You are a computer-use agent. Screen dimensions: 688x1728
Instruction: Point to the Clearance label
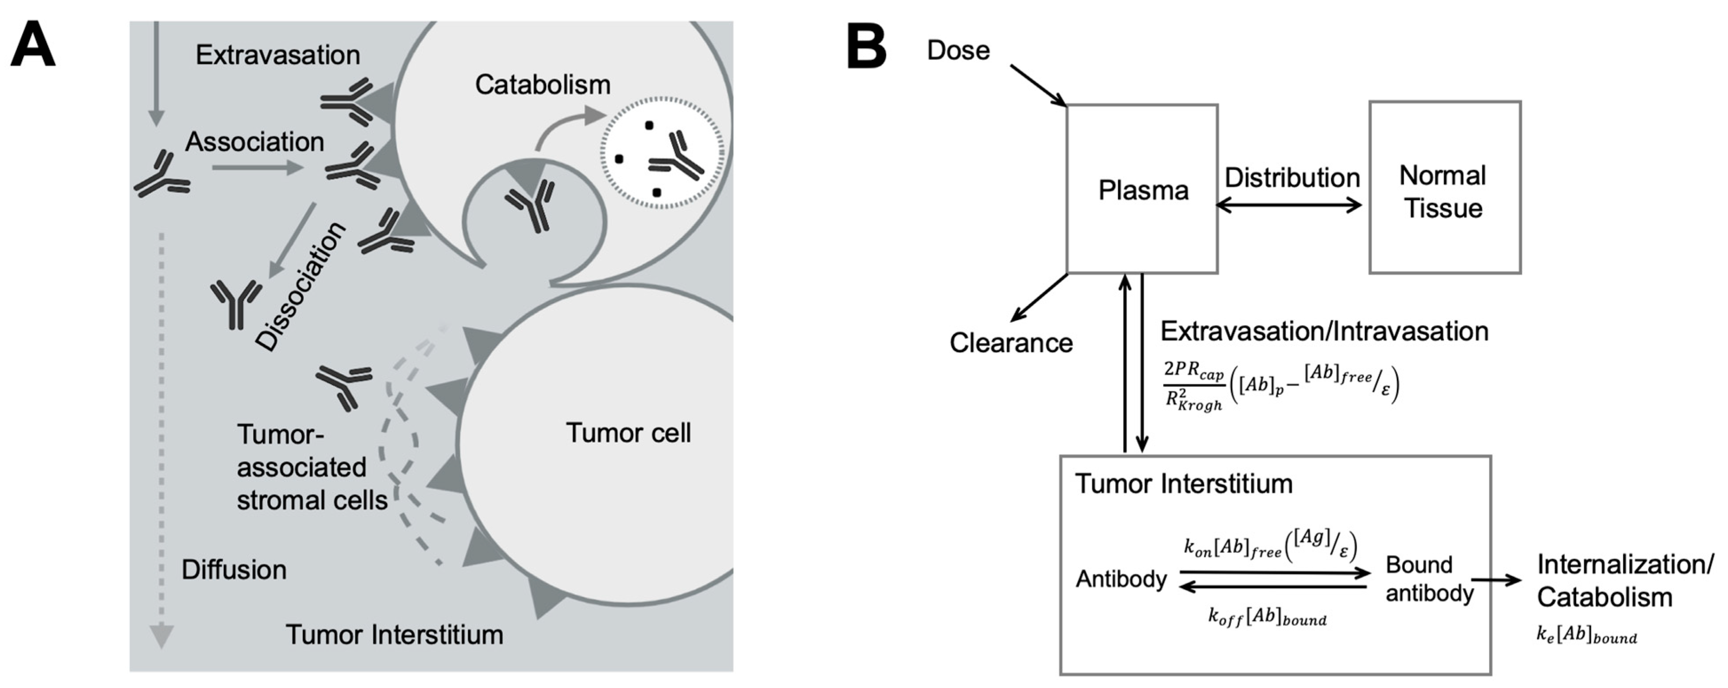[1011, 343]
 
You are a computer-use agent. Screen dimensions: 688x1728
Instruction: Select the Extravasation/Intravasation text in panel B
[1324, 331]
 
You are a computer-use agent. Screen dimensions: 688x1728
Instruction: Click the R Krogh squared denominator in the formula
[1194, 401]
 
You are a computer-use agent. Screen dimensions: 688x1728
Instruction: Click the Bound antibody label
[1429, 579]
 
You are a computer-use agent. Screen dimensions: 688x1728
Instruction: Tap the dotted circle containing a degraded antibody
[662, 153]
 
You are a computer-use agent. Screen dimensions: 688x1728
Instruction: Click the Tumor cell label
[628, 433]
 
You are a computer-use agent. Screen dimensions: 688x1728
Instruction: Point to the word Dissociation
[302, 286]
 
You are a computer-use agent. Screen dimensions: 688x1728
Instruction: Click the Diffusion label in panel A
[233, 570]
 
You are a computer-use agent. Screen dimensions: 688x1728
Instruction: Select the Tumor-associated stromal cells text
[311, 468]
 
